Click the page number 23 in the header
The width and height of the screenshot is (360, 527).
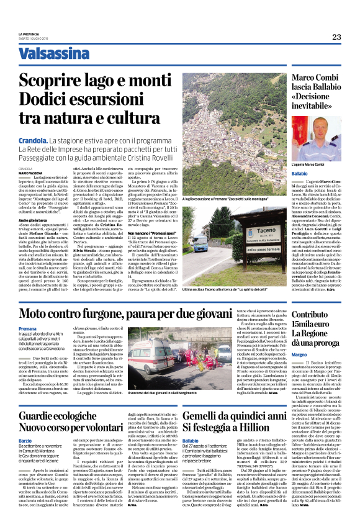click(x=336, y=37)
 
